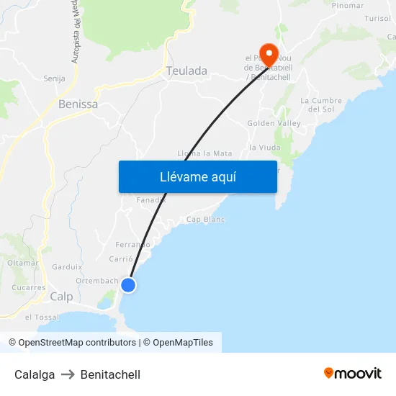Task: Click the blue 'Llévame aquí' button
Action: point(197,176)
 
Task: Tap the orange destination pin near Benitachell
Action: point(269,53)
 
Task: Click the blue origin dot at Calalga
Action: point(128,285)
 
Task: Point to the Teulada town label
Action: point(186,71)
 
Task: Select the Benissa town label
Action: point(78,104)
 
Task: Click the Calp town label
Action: point(61,297)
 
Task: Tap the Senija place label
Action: point(54,78)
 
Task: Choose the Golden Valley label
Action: point(274,123)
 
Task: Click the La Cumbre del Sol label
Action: point(320,104)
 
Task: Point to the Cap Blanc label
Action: point(205,219)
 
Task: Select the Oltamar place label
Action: point(23,263)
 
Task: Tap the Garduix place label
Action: point(68,266)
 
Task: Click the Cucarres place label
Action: point(29,287)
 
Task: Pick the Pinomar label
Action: point(348,5)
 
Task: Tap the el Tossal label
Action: point(42,317)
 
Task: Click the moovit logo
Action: point(353,373)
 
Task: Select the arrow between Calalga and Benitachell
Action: point(68,374)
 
